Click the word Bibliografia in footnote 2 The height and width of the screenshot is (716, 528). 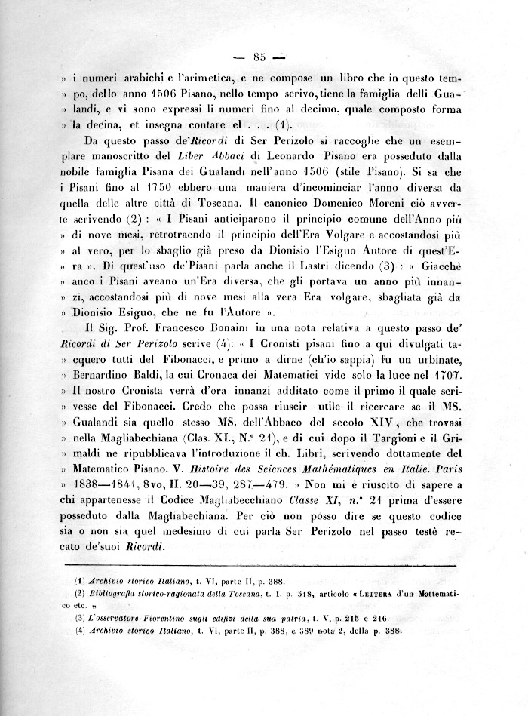[x=112, y=592]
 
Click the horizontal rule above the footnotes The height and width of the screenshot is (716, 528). [x=261, y=564]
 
